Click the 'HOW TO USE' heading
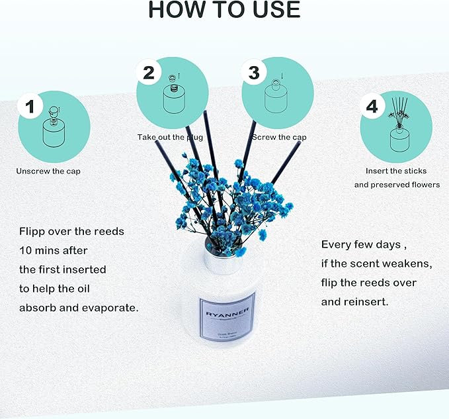tap(224, 10)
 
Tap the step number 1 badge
tap(29, 107)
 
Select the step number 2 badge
tap(148, 72)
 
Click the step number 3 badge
tap(253, 72)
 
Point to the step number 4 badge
tap(372, 107)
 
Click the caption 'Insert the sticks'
tap(396, 171)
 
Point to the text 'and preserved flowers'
tap(396, 185)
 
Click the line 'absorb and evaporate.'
tap(78, 308)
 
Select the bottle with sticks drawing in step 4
tap(401, 129)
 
